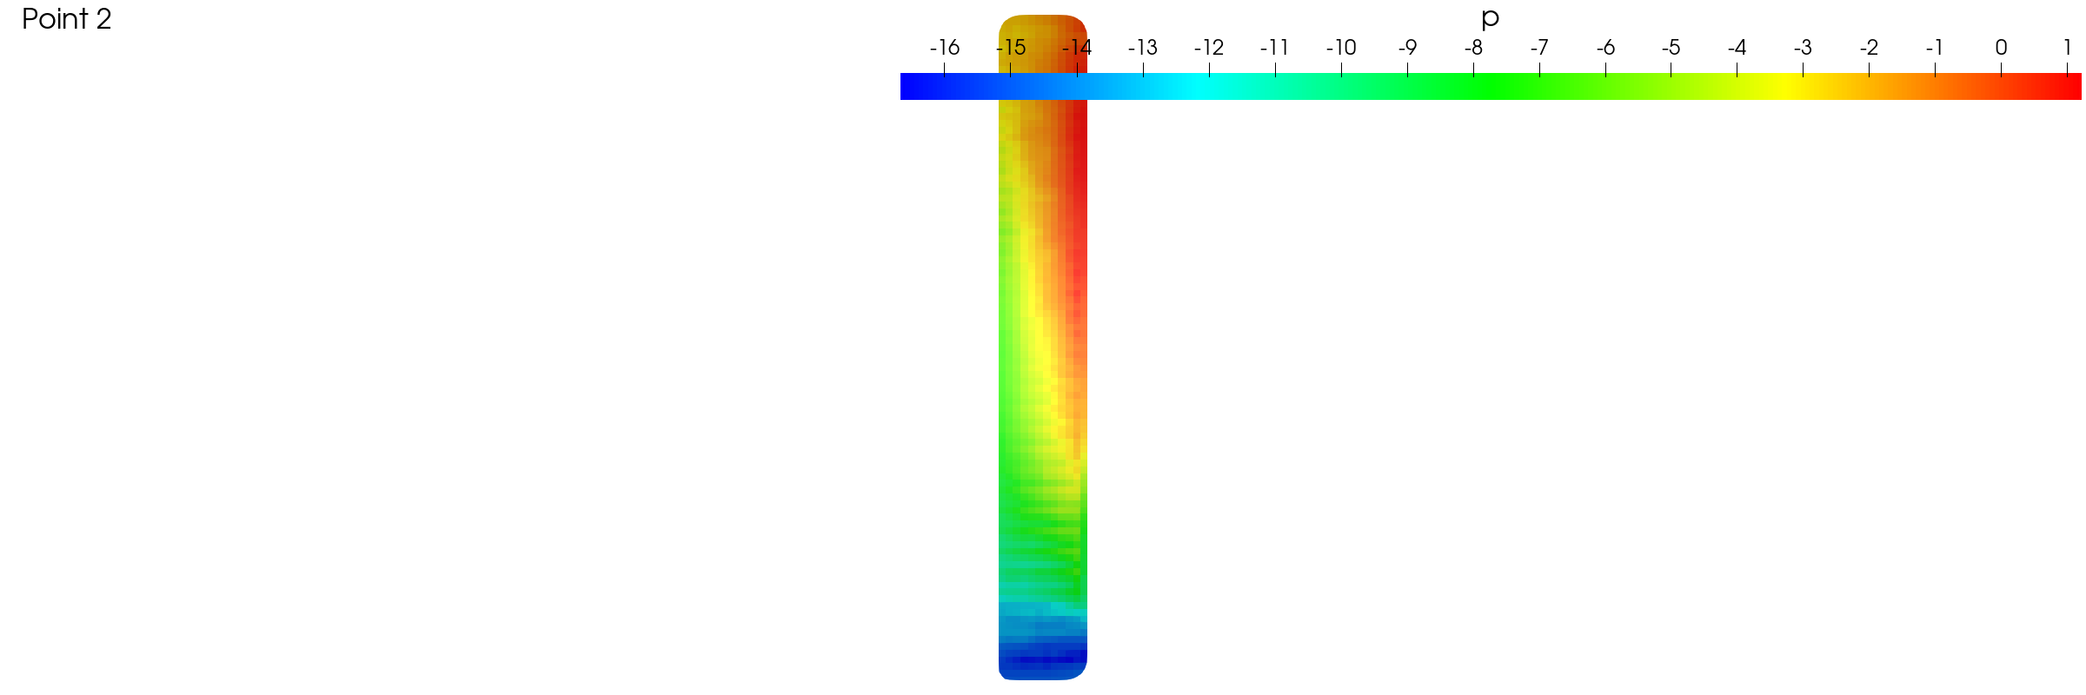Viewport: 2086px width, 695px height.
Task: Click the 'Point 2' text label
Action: pos(67,19)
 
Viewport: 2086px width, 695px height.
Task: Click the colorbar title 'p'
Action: pos(1490,19)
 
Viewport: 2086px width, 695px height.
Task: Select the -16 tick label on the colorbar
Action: pos(944,48)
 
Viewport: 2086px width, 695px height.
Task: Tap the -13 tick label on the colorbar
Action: pos(1142,48)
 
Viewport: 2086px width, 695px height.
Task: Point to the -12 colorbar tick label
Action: pos(1208,48)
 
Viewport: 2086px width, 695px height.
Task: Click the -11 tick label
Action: pos(1274,48)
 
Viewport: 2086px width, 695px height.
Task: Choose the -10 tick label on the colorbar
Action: pos(1341,48)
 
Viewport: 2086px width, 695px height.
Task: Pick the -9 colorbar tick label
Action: pos(1407,48)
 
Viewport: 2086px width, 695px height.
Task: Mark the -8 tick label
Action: pos(1473,48)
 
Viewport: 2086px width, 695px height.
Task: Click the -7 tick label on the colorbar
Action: pos(1539,48)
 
